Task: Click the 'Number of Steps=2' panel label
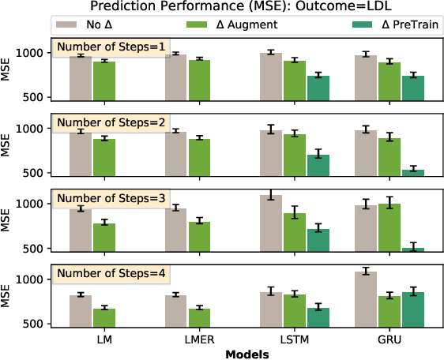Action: click(x=110, y=123)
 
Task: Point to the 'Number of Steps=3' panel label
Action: click(x=110, y=198)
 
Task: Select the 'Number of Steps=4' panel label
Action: click(x=110, y=274)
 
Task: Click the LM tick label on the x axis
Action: click(x=93, y=339)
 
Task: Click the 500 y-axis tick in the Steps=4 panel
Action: click(x=37, y=324)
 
